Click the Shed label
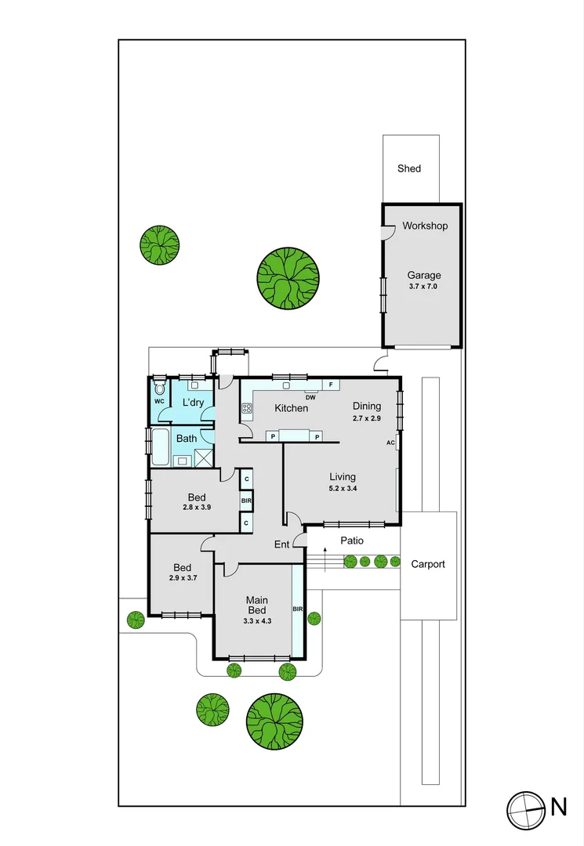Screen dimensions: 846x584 (408, 168)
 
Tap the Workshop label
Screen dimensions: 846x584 (425, 226)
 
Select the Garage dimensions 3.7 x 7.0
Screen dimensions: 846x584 (423, 287)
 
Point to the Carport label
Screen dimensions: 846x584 (428, 564)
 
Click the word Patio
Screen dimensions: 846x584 (352, 541)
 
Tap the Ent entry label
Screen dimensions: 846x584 (281, 544)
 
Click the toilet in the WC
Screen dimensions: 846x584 (160, 389)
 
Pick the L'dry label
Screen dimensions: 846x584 (193, 403)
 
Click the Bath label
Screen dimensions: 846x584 (187, 439)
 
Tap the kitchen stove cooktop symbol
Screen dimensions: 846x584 (246, 408)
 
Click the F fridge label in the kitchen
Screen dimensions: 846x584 (331, 385)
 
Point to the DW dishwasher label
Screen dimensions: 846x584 (310, 396)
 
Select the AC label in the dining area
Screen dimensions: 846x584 (390, 443)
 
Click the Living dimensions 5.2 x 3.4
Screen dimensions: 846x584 (342, 489)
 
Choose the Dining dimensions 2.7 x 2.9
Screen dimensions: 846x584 (366, 418)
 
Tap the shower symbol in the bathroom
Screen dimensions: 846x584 (204, 459)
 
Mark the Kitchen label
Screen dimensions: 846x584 (291, 408)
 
